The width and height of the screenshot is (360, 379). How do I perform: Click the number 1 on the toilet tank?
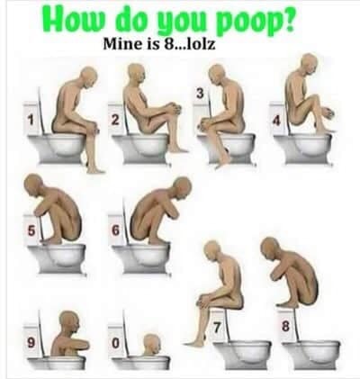(30, 121)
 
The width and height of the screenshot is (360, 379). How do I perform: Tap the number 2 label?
(115, 120)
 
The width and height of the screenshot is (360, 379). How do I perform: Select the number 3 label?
(200, 94)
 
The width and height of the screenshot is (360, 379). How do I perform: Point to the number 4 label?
(276, 121)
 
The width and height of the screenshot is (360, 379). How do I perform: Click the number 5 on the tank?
(31, 230)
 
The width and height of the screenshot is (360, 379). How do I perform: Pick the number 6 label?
(115, 230)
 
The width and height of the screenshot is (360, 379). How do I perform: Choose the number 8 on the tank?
(285, 327)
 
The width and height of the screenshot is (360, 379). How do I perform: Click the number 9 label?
(31, 342)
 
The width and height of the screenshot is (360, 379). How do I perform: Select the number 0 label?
(115, 343)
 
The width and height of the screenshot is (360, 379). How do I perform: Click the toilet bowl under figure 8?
(312, 355)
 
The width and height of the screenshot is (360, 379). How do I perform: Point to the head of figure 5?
(33, 185)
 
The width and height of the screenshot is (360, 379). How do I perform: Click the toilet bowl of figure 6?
(141, 258)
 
